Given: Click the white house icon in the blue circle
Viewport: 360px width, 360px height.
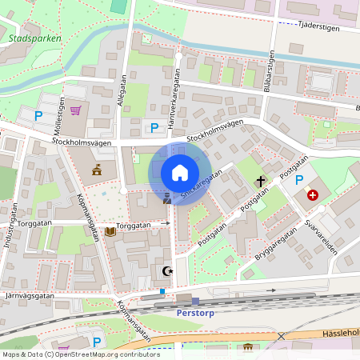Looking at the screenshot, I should coord(180,172).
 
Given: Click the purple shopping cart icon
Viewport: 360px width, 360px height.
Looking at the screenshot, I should coord(75,110).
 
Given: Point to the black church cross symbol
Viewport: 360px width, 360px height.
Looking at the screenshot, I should coord(260,182).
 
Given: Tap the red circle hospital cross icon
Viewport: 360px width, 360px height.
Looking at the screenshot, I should coord(313,194).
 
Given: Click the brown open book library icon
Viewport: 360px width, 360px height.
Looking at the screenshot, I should coord(110,231).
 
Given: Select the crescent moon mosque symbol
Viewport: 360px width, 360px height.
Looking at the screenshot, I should coord(167,271).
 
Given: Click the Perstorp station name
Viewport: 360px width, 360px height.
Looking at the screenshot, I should coord(195,313).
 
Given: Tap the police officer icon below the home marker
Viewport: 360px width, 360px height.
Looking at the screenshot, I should coord(167,198).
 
